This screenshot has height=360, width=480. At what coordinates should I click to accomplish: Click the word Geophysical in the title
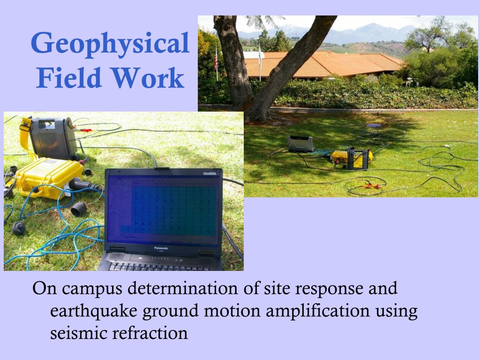[x=110, y=44]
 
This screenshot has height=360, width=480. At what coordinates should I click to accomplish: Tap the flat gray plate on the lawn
[x=374, y=126]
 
